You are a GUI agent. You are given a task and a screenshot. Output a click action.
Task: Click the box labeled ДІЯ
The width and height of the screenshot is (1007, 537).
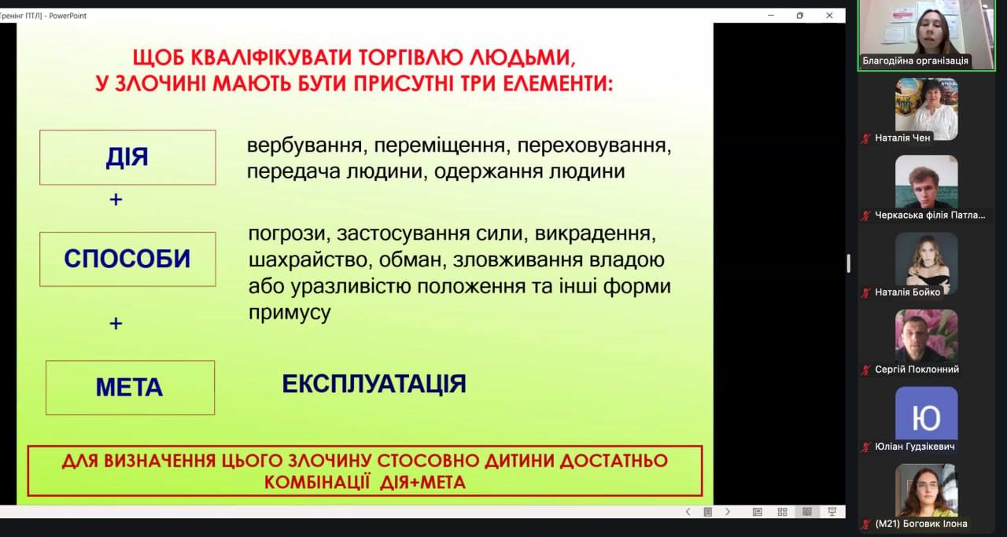point(127,157)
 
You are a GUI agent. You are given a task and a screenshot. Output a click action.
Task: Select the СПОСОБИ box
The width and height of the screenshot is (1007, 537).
point(127,259)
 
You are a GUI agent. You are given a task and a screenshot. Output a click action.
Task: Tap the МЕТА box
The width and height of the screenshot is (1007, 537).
point(130,388)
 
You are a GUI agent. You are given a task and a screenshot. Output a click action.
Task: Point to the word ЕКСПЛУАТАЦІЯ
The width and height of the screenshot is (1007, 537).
point(374,384)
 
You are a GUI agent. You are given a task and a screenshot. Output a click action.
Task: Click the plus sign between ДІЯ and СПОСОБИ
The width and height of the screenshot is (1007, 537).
point(116,200)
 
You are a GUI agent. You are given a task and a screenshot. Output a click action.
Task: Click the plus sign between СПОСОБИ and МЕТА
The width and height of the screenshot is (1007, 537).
point(116,324)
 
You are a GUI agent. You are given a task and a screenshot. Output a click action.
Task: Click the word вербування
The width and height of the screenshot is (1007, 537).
point(304,145)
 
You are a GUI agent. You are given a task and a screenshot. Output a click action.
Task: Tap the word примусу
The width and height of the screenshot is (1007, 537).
point(290,313)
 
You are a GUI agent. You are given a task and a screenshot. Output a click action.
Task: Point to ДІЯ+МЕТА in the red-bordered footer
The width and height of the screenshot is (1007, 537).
point(422,483)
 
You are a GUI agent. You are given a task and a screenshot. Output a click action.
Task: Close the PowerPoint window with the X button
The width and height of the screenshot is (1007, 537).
point(829,15)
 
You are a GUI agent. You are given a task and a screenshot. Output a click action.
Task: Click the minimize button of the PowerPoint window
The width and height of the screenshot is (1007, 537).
point(771,15)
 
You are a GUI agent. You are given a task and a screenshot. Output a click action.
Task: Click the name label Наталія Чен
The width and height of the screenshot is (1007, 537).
point(902,138)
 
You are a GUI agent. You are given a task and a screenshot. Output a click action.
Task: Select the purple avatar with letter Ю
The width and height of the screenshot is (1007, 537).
point(927,414)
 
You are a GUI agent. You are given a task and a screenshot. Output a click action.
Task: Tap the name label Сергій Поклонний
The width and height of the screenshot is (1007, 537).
point(917,370)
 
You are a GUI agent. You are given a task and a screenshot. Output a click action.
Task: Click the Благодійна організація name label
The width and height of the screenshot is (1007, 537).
point(915,61)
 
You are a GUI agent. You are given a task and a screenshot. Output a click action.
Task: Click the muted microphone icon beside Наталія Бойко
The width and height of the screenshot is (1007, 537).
point(866,293)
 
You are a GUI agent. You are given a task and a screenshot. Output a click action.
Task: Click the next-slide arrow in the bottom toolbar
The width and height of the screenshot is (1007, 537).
point(728,512)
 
